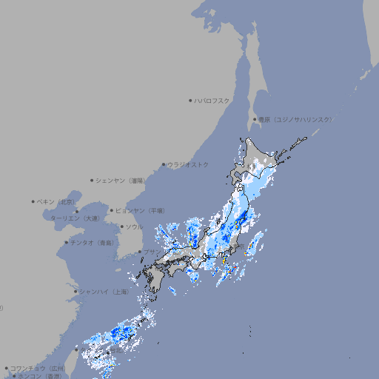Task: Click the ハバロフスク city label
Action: pyautogui.click(x=212, y=100)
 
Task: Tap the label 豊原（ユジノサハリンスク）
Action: pyautogui.click(x=295, y=119)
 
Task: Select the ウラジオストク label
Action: pyautogui.click(x=188, y=164)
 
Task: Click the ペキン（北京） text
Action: pyautogui.click(x=57, y=201)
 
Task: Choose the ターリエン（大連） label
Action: pyautogui.click(x=76, y=218)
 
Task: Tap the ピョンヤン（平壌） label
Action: pyautogui.click(x=140, y=210)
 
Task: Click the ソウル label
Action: pyautogui.click(x=134, y=227)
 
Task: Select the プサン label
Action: pyautogui.click(x=150, y=252)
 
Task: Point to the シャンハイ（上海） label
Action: pyautogui.click(x=104, y=292)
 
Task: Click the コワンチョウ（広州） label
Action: pyautogui.click(x=38, y=368)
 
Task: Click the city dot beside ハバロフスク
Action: pyautogui.click(x=190, y=100)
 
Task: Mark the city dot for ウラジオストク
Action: pyautogui.click(x=164, y=164)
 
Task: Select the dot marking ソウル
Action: pyautogui.click(x=120, y=227)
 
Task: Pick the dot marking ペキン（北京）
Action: pyautogui.click(x=33, y=201)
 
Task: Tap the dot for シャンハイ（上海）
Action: pyautogui.click(x=76, y=292)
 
